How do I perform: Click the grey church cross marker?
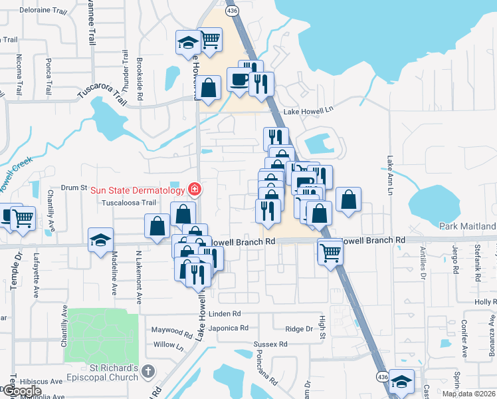tap(148, 371)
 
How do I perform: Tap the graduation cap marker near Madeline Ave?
tap(100, 241)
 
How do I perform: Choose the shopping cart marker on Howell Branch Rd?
tap(330, 251)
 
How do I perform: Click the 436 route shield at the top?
tap(231, 11)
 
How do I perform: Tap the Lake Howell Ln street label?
tap(308, 112)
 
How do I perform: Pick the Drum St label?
tap(75, 188)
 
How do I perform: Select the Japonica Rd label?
tap(228, 328)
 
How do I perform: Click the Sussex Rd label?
tap(270, 344)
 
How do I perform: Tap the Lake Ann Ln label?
tap(390, 176)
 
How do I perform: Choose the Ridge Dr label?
tap(299, 329)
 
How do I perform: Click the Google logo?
tap(23, 391)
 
